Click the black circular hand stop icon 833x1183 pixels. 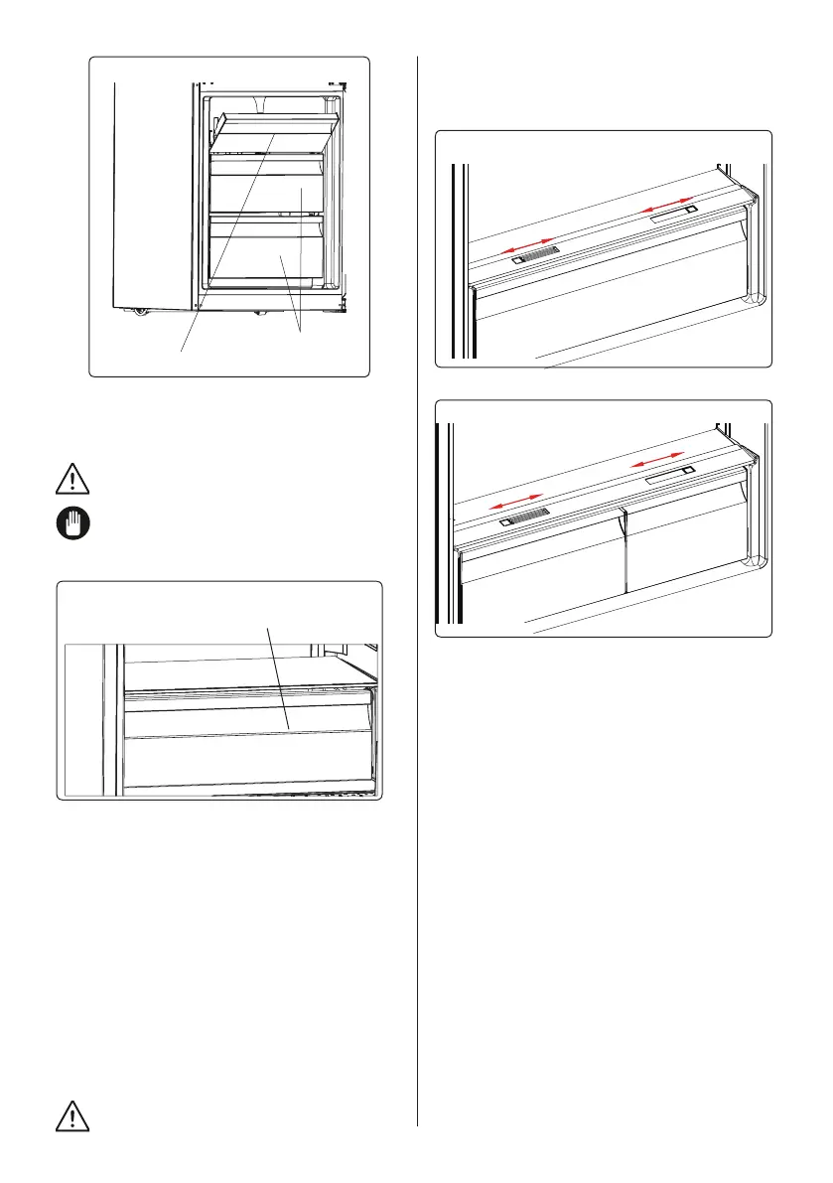tap(67, 525)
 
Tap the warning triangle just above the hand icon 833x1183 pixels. tap(67, 482)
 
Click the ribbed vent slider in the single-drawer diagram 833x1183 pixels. tap(536, 256)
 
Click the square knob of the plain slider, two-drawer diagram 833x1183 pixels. tap(687, 473)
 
